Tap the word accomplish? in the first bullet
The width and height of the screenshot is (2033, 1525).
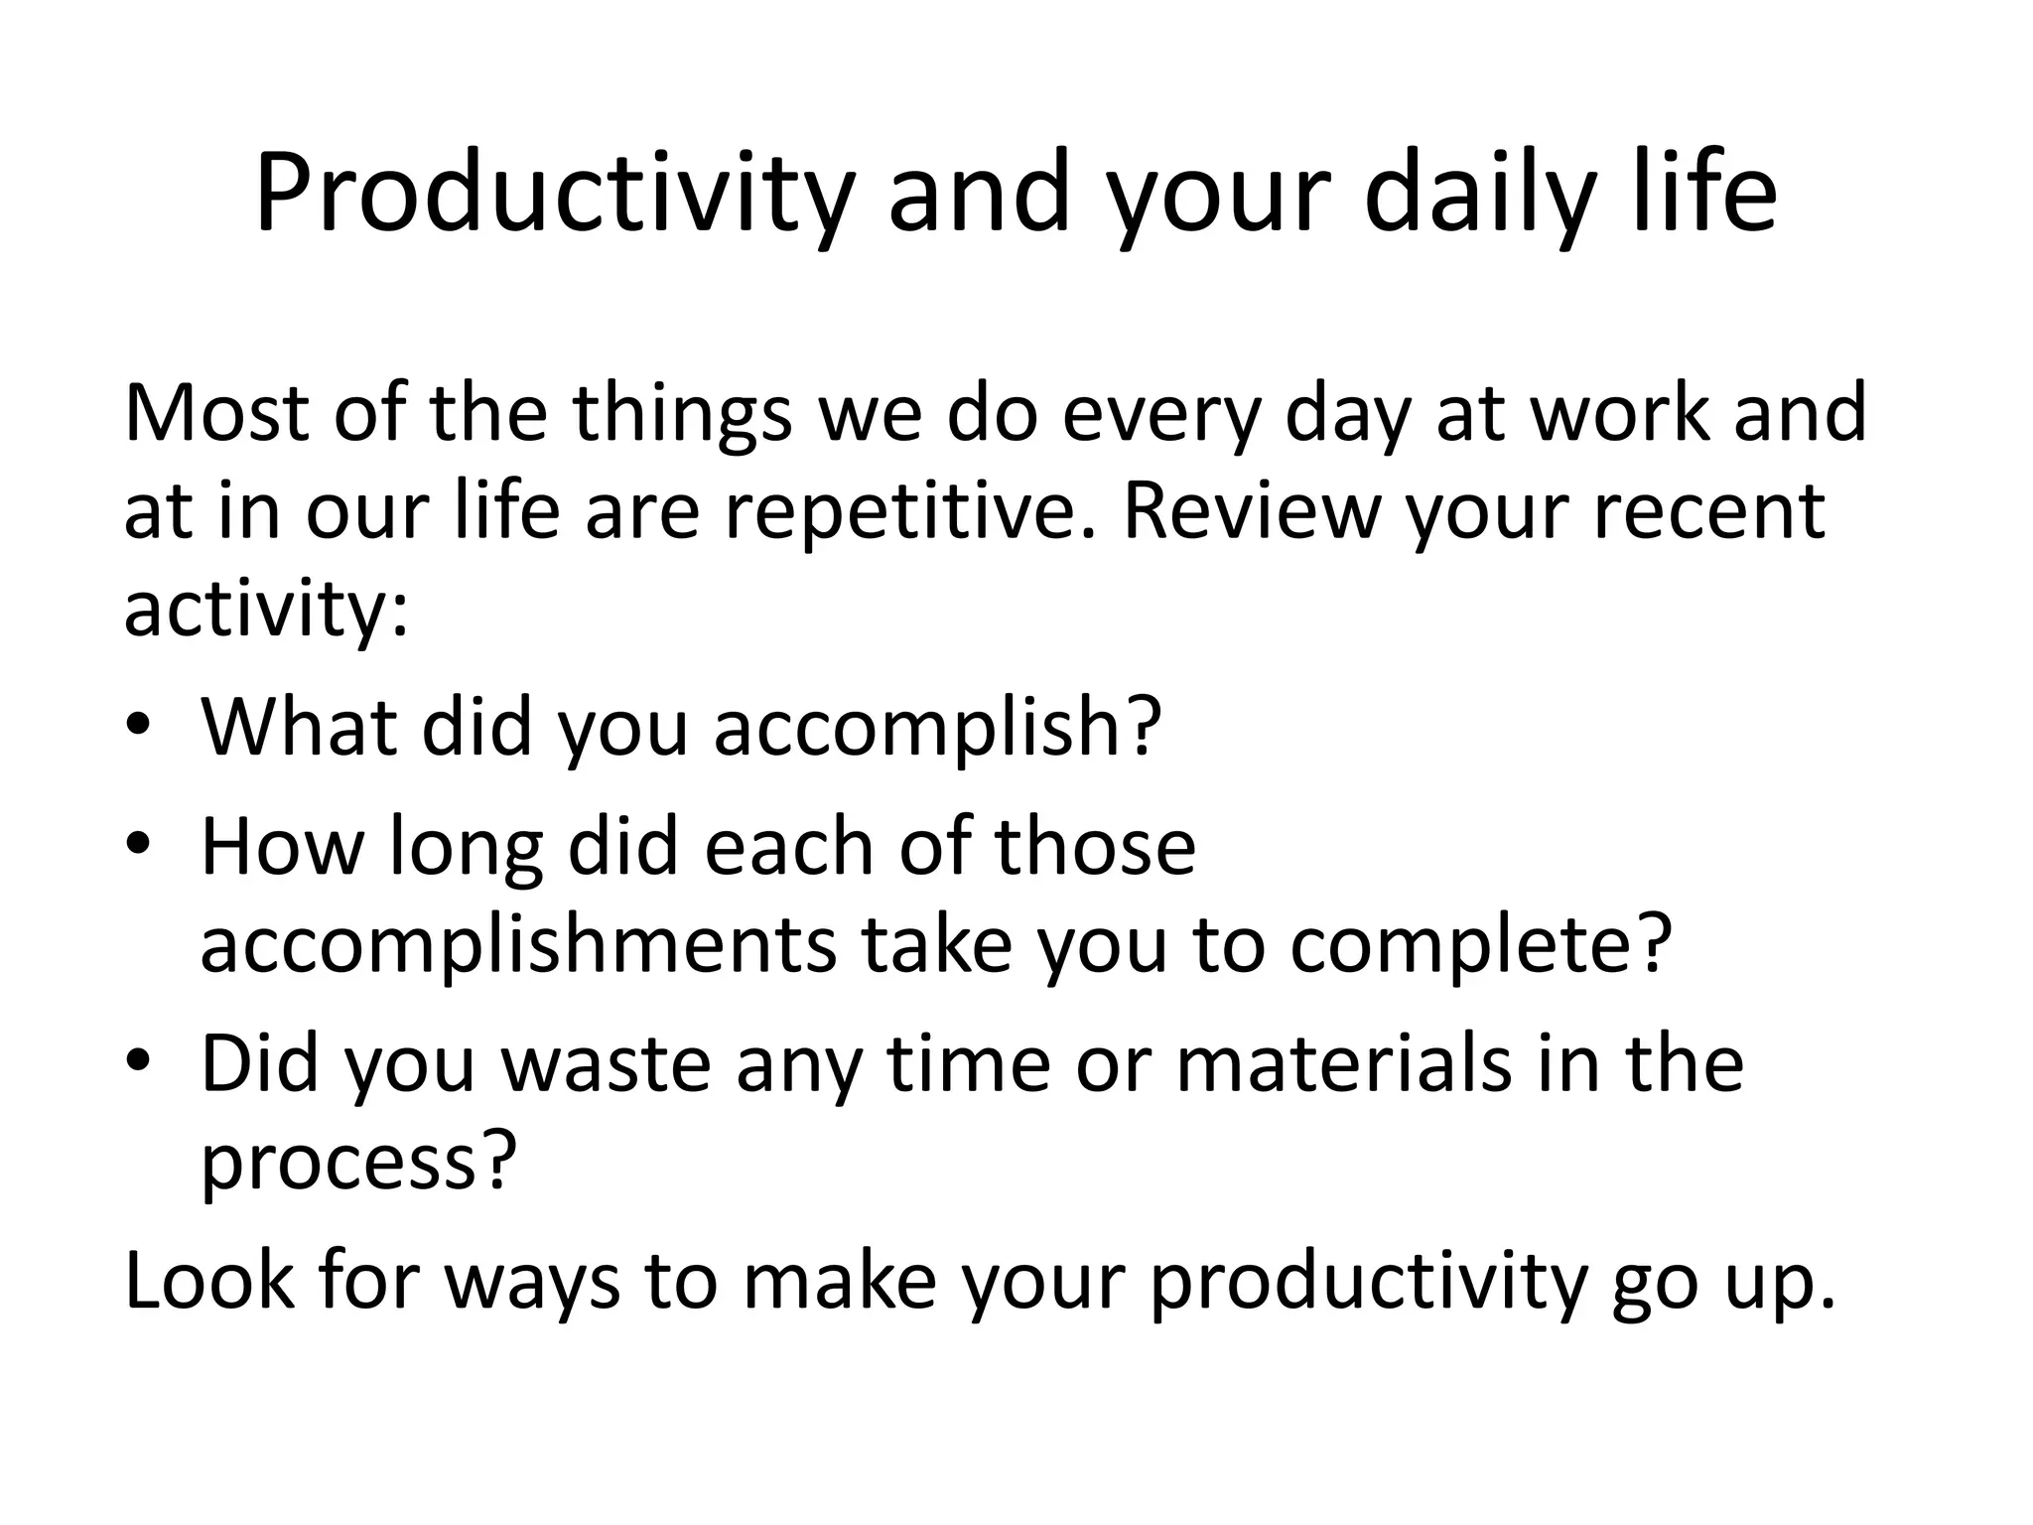937,728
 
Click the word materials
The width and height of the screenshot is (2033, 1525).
1344,1064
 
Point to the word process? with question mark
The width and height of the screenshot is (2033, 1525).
359,1163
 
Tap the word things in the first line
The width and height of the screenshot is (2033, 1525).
682,415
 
